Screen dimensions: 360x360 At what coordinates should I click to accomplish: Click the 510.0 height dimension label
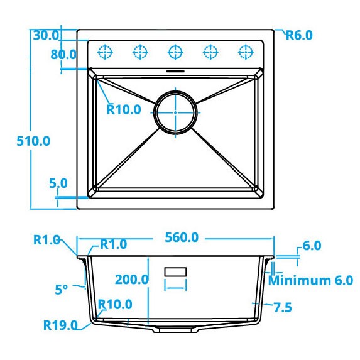pyautogui.click(x=33, y=141)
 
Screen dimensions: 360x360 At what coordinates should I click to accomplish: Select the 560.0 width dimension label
pyautogui.click(x=182, y=237)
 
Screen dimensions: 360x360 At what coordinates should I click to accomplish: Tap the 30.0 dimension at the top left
pyautogui.click(x=46, y=35)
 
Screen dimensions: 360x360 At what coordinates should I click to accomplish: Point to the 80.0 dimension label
pyautogui.click(x=63, y=55)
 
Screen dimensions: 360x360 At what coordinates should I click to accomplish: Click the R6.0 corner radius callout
pyautogui.click(x=298, y=35)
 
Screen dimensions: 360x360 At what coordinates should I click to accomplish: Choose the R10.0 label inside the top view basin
pyautogui.click(x=123, y=109)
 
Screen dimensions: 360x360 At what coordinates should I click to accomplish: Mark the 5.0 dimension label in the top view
pyautogui.click(x=58, y=183)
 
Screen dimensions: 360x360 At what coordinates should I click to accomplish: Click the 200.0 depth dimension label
pyautogui.click(x=131, y=280)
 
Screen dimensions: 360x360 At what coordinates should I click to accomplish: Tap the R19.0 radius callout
pyautogui.click(x=60, y=325)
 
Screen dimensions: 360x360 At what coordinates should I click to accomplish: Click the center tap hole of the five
pyautogui.click(x=175, y=50)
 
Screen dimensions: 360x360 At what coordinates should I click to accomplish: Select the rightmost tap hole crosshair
pyautogui.click(x=244, y=50)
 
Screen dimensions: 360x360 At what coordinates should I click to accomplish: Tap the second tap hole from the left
pyautogui.click(x=140, y=50)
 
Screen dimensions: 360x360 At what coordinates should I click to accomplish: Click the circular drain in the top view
pyautogui.click(x=175, y=112)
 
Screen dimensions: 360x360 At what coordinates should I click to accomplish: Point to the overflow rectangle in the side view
pyautogui.click(x=175, y=271)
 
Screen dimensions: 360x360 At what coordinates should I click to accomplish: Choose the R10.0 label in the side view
pyautogui.click(x=116, y=305)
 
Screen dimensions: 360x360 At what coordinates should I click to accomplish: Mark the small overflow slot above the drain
pyautogui.click(x=175, y=71)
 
